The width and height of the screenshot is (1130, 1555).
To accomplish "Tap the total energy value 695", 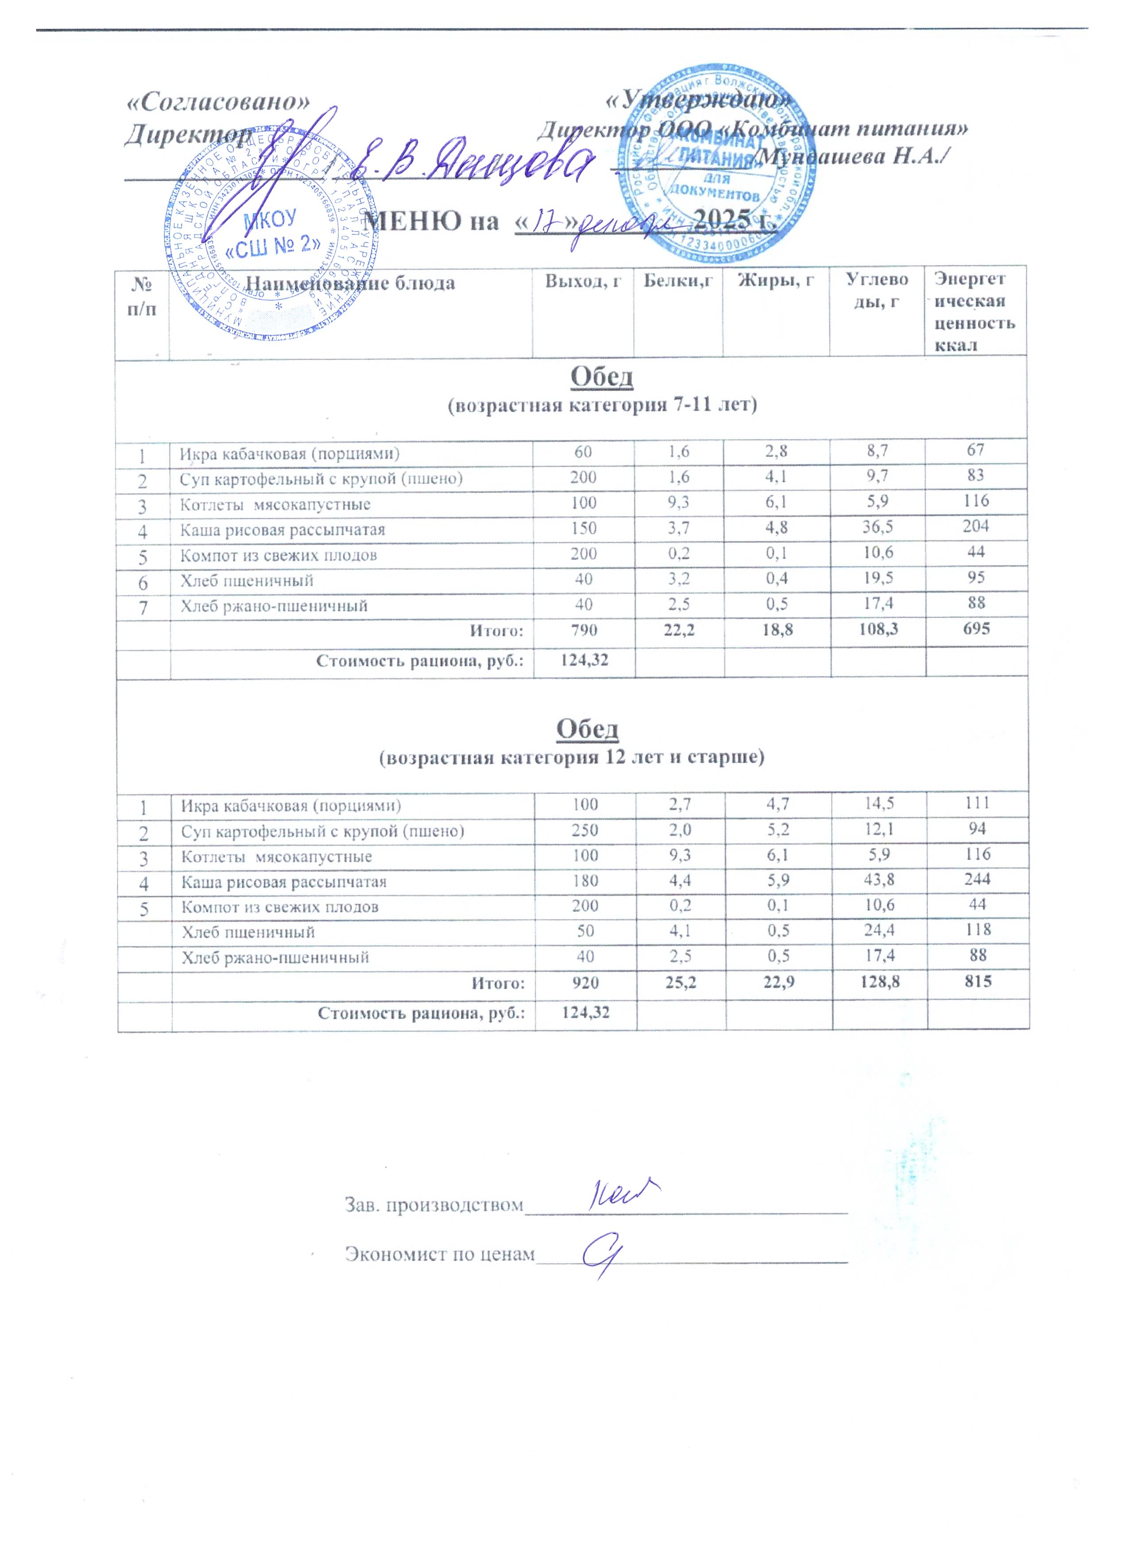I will [976, 628].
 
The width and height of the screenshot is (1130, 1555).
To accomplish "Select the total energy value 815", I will [978, 981].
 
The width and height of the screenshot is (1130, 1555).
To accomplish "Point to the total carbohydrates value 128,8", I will [879, 982].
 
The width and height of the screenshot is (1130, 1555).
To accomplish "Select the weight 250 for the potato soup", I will [584, 830].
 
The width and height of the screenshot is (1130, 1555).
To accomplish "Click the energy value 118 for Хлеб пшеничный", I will [978, 930].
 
